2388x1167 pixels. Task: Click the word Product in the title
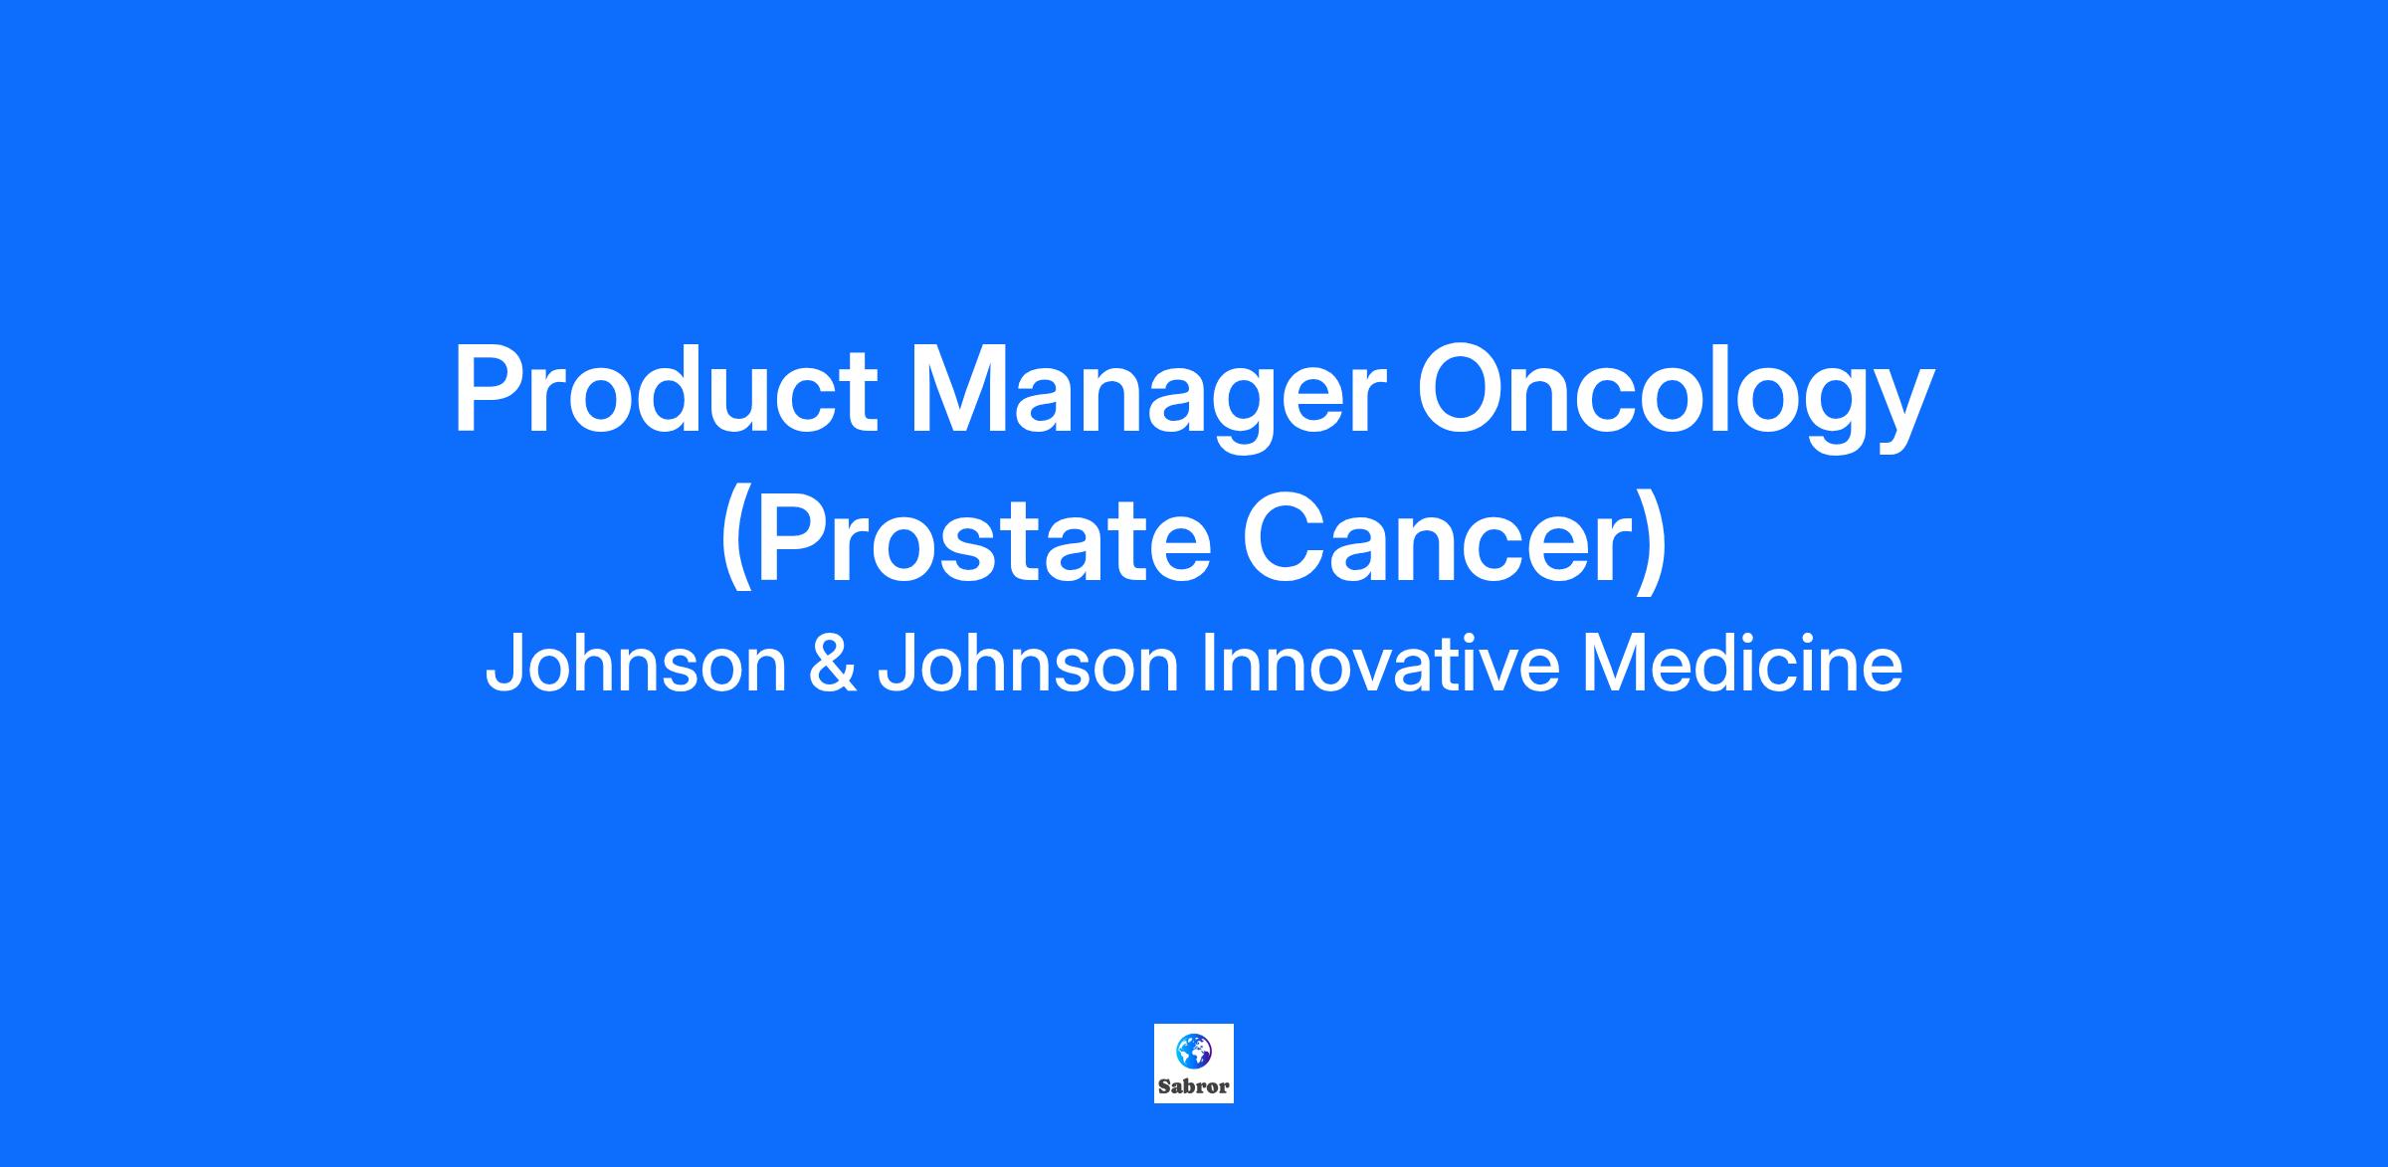[x=666, y=389]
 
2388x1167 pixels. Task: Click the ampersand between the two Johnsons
[x=833, y=666]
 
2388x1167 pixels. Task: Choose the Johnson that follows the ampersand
[x=1028, y=666]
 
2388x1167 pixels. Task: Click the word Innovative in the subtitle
[x=1381, y=666]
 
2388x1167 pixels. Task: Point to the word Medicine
[x=1742, y=666]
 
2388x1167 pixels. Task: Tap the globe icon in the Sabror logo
[x=1194, y=1051]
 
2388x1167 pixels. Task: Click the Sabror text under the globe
[x=1194, y=1086]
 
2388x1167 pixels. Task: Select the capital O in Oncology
[x=1464, y=390]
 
